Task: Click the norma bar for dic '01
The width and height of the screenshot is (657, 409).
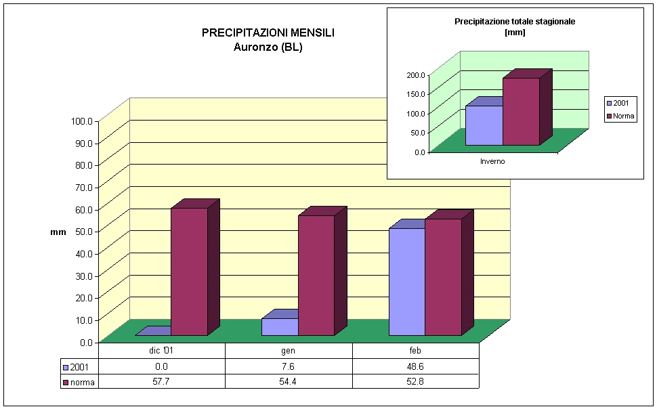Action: coord(189,271)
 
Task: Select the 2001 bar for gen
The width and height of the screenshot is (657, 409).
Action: coord(280,326)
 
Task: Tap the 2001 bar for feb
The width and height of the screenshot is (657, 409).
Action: coord(406,282)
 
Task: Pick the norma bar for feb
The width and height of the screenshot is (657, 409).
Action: coord(443,277)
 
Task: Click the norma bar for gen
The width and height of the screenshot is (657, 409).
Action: coord(316,275)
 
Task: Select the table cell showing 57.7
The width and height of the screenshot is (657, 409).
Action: coord(161,381)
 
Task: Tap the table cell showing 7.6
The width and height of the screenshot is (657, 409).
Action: coord(289,366)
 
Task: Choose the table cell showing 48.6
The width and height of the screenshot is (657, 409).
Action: coord(416,366)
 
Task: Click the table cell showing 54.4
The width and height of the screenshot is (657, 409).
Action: coord(289,381)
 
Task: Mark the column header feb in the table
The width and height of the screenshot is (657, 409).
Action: coord(416,351)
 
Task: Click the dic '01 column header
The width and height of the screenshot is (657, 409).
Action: coord(161,351)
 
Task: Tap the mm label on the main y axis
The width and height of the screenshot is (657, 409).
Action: coord(58,232)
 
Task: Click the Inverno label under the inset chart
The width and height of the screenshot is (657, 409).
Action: coord(492,161)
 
